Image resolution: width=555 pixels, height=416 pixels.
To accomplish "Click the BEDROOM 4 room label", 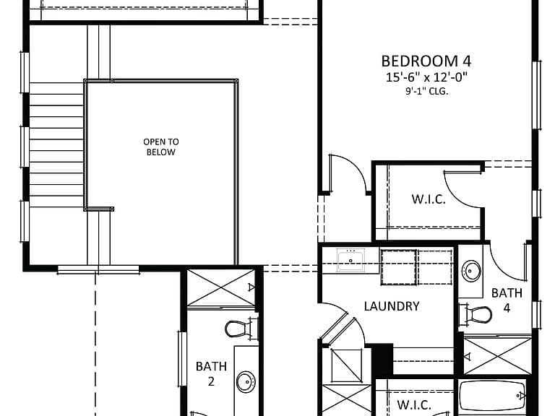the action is coord(426,61).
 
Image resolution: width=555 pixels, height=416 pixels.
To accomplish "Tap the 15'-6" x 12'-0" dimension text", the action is coord(426,77).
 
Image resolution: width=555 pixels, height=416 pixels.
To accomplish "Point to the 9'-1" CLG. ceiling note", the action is coord(426,91).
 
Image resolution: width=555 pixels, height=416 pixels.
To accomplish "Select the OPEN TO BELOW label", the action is coord(161,147).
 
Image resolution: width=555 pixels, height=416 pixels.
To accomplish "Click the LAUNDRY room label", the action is coord(392,306).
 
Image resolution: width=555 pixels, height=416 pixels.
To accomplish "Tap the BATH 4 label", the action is coord(507,300).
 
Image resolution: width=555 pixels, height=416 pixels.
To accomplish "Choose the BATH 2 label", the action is coord(211,373).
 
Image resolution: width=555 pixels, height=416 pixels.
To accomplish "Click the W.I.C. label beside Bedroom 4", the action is coord(429,199).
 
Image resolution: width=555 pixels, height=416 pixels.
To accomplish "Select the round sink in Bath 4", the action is coord(471,272).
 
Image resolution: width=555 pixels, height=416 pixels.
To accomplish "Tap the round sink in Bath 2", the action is coord(246,381).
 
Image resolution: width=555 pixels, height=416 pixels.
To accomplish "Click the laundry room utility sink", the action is coord(350,260).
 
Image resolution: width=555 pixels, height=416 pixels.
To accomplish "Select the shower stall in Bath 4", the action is coord(498,355).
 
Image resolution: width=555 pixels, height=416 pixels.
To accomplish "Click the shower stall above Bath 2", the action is coord(221,287).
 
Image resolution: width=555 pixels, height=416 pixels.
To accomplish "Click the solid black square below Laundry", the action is coord(382,358).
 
